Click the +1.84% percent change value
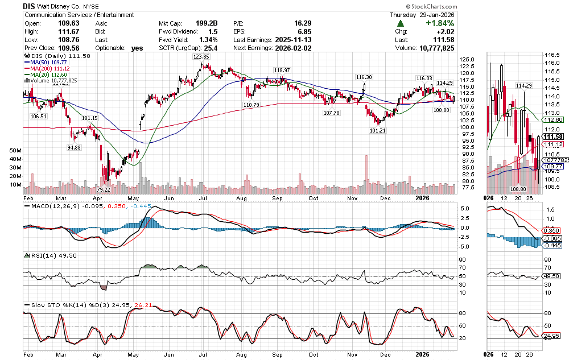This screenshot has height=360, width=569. tap(438, 23)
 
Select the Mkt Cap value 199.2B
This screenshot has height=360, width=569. tap(210, 23)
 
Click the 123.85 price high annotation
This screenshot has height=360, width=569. tap(201, 57)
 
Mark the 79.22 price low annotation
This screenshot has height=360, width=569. tap(103, 189)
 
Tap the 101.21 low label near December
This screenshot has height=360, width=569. tap(378, 130)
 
